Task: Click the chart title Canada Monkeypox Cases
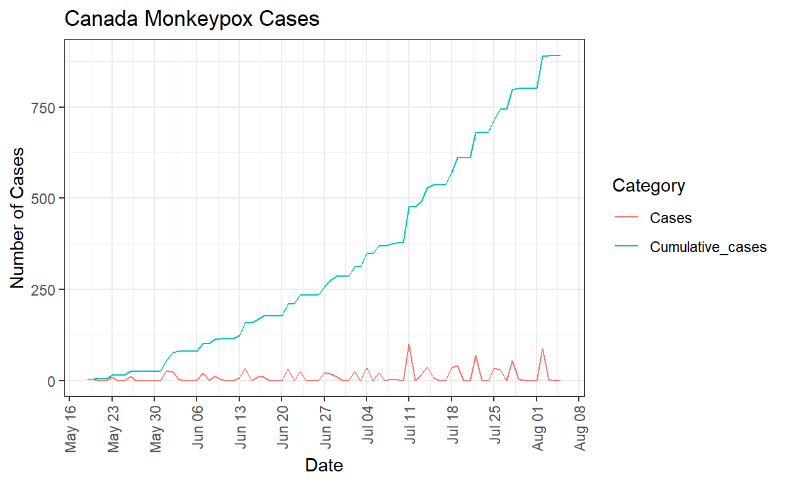pos(192,20)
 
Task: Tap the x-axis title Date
pos(324,466)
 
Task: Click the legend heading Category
pos(649,186)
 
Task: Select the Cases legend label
pos(671,218)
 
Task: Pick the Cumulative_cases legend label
pos(708,247)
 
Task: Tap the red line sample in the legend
pos(628,218)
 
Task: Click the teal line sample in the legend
pos(628,247)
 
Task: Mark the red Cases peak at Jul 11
pos(409,345)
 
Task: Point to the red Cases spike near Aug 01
pos(542,349)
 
